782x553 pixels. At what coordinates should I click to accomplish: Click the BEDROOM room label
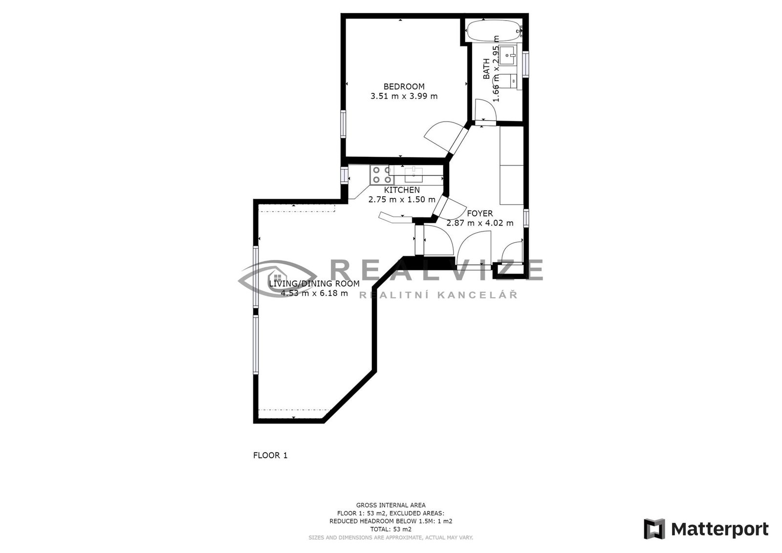404,86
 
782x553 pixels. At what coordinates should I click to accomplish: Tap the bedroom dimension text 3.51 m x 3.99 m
404,96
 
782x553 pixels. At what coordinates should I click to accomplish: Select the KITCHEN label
402,190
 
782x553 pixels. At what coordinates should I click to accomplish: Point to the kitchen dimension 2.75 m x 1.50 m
402,200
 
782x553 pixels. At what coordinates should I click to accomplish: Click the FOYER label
480,213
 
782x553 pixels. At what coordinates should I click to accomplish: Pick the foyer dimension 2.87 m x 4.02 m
480,223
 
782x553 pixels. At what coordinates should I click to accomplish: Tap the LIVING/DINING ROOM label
314,284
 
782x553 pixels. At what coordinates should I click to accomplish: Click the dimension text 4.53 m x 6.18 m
314,293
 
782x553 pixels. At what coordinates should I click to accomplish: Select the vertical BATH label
486,69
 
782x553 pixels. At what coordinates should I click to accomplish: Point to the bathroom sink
508,55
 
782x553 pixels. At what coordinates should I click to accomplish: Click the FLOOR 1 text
270,455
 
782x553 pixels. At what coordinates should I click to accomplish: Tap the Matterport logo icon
654,529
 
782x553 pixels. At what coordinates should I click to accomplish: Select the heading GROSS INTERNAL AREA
391,505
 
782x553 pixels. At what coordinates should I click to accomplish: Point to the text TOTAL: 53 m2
391,529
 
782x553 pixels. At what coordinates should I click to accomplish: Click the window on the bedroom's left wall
343,124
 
